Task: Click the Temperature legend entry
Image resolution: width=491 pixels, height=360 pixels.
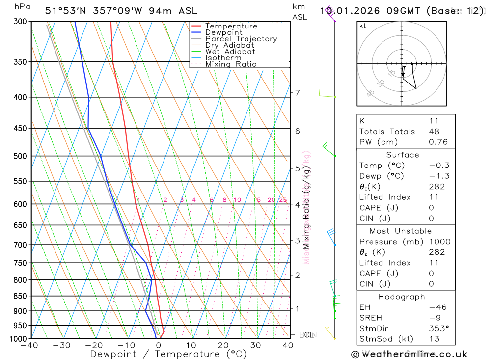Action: coord(231,26)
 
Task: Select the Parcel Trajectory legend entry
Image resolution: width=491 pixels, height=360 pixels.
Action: coord(241,39)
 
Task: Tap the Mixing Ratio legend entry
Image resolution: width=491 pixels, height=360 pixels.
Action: coord(231,64)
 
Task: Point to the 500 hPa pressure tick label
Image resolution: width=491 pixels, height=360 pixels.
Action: coord(20,156)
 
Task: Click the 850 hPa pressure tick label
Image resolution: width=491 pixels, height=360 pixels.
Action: coord(20,296)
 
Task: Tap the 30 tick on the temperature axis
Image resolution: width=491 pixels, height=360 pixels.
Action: coord(255,345)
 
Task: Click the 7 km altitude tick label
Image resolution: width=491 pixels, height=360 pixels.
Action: coord(297,92)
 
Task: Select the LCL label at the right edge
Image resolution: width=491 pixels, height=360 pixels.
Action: coord(306,335)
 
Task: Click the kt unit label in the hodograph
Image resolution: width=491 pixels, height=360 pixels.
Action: coord(363,26)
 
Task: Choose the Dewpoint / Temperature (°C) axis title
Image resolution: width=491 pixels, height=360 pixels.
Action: coord(168,354)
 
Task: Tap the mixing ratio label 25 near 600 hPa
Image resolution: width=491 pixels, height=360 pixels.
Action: coord(283,200)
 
